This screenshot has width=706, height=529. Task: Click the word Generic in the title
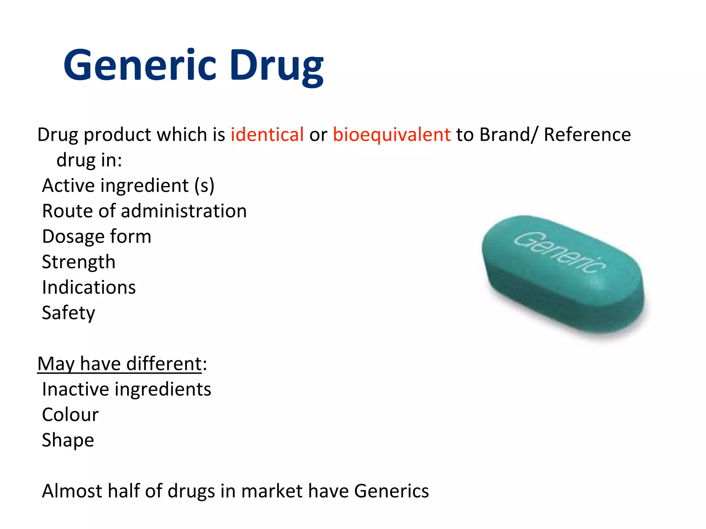tap(140, 65)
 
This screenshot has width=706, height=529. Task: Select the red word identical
tap(267, 134)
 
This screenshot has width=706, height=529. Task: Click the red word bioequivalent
tap(392, 134)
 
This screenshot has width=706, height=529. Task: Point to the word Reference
tap(587, 134)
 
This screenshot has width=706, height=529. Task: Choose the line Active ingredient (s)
tap(128, 186)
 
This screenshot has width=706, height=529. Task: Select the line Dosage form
tap(97, 237)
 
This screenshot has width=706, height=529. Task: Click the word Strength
tap(79, 262)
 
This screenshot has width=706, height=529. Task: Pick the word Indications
tap(89, 287)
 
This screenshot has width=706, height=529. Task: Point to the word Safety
tap(69, 313)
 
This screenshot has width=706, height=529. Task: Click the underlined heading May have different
tap(120, 364)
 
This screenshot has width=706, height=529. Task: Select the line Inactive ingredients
tap(127, 390)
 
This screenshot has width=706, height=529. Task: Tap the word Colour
tap(70, 415)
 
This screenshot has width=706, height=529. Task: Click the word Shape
tap(68, 440)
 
